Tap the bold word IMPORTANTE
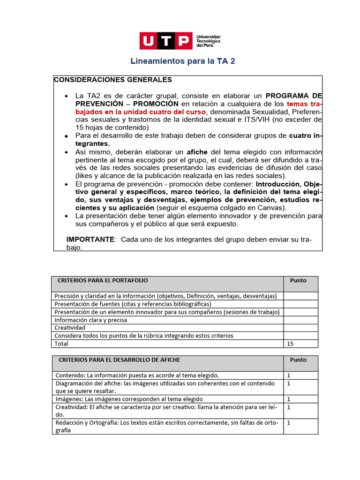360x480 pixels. click(x=90, y=240)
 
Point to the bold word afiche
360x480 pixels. click(x=197, y=152)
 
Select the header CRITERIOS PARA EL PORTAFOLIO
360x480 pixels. click(x=103, y=280)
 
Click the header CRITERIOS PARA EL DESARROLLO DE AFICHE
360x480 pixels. click(x=119, y=360)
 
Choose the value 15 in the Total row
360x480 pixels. click(x=290, y=344)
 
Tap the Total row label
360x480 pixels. click(x=61, y=344)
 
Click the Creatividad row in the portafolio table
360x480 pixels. click(x=70, y=328)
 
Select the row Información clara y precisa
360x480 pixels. click(x=91, y=320)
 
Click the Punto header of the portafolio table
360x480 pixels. click(x=298, y=280)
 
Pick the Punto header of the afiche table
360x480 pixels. click(x=298, y=360)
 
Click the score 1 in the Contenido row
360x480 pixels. click(x=289, y=375)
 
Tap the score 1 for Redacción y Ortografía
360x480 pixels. click(x=289, y=423)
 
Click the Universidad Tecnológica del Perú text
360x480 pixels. click(x=208, y=41)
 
